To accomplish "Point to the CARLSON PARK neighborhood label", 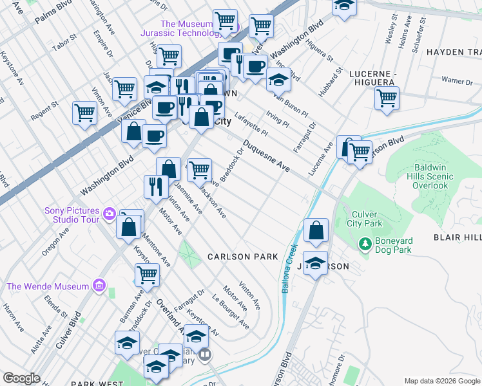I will pyautogui.click(x=242, y=257).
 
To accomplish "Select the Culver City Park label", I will pyautogui.click(x=367, y=219).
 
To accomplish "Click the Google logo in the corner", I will pyautogui.click(x=22, y=378).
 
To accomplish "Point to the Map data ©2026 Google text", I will pyautogui.click(x=441, y=381).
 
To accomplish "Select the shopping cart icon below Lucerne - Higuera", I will pyautogui.click(x=387, y=98).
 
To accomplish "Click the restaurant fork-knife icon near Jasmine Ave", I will pyautogui.click(x=156, y=187).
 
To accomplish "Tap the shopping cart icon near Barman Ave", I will pyautogui.click(x=147, y=274).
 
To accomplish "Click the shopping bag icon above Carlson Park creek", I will pyautogui.click(x=316, y=230).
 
